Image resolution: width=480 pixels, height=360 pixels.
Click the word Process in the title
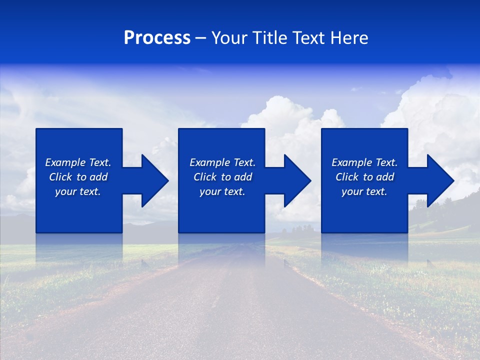click(157, 38)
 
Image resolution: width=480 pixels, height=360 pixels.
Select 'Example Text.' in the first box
click(78, 162)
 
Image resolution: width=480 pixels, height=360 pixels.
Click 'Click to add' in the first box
click(78, 177)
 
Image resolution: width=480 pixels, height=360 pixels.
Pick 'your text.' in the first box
click(78, 191)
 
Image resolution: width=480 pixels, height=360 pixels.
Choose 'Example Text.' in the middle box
click(222, 162)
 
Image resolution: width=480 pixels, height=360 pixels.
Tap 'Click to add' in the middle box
click(222, 177)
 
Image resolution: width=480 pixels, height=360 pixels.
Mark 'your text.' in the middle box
click(222, 191)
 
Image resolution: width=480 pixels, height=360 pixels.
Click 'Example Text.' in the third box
click(364, 162)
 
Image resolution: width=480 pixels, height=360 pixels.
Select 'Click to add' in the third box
click(364, 177)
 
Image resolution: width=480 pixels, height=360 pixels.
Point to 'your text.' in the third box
click(364, 191)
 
